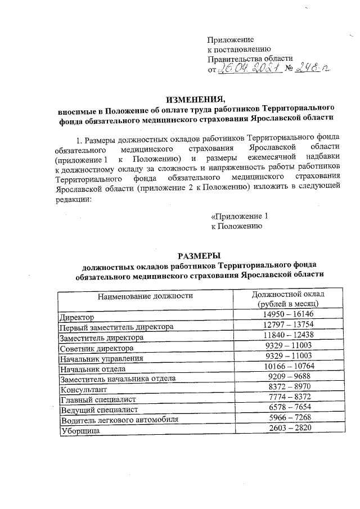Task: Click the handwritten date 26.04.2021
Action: pos(247,69)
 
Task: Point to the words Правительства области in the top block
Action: pos(250,58)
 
